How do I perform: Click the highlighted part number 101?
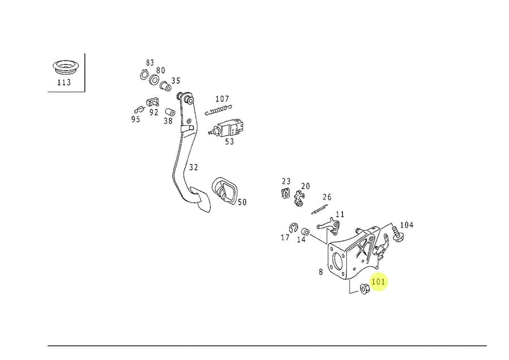coord(378,281)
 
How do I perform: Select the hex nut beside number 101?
coord(365,289)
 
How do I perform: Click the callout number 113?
coord(64,83)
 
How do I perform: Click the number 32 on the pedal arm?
coord(193,168)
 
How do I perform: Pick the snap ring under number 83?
coord(144,75)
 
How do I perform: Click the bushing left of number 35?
coord(166,87)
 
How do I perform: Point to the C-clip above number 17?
coord(293,228)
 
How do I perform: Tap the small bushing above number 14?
coord(304,232)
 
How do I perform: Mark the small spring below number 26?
coord(320,209)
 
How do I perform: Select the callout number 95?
coord(136,119)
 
